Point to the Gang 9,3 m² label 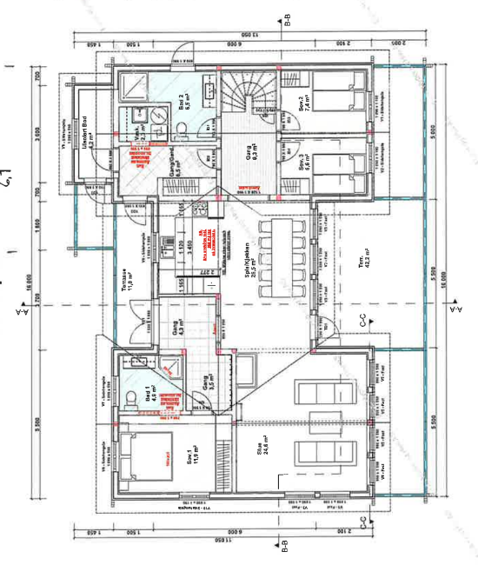tap(247, 156)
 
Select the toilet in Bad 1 tap(130, 397)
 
